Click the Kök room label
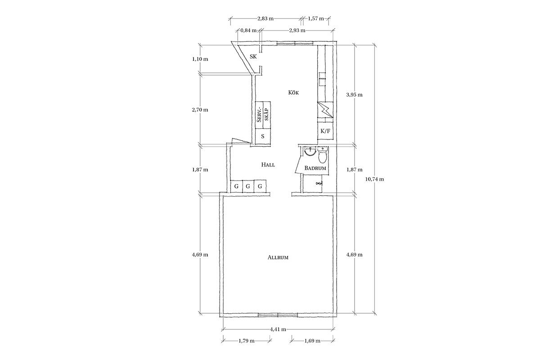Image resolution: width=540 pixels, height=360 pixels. point(293,93)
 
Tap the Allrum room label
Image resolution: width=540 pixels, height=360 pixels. point(278,257)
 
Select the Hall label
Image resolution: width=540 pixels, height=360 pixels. point(268,165)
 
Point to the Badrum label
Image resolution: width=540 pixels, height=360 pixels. point(315,168)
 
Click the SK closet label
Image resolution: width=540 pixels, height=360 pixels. point(253,57)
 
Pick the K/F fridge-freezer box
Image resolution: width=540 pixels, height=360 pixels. point(325,131)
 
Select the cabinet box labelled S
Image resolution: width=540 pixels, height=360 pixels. point(262,136)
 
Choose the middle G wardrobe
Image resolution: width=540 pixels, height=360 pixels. point(248,186)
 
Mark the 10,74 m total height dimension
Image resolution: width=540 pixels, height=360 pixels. point(374,179)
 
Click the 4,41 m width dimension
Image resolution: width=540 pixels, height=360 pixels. point(278,329)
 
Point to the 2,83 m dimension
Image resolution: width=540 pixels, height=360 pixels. point(265,18)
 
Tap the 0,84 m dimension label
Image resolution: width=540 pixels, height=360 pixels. point(248,31)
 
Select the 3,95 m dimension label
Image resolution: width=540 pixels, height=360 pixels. point(354,95)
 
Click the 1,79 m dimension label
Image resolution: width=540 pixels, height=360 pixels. point(247,341)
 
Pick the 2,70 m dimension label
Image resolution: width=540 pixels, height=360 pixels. point(200,110)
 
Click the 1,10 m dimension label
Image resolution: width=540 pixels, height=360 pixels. point(200,59)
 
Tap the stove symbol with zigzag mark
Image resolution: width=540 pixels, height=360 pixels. point(325,110)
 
